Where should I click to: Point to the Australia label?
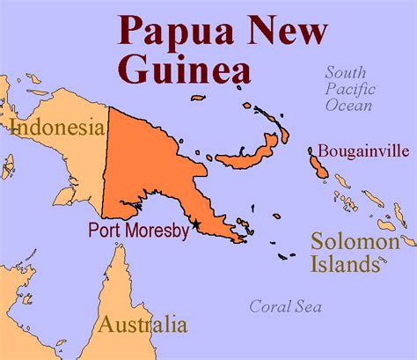pyautogui.click(x=143, y=324)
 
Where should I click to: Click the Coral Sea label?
pyautogui.click(x=285, y=306)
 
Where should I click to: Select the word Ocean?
pyautogui.click(x=348, y=106)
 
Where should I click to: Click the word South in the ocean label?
pyautogui.click(x=346, y=72)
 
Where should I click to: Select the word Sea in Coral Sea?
pyautogui.click(x=308, y=306)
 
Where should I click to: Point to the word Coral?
pyautogui.click(x=269, y=306)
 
